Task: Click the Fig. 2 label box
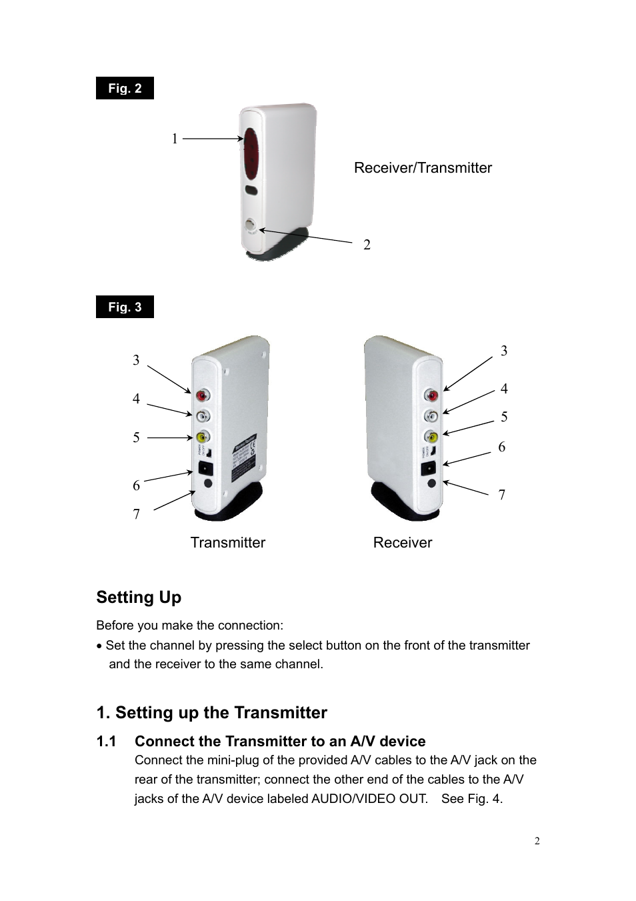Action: pos(125,88)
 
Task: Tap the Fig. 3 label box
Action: pos(125,307)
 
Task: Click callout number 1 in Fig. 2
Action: pos(175,139)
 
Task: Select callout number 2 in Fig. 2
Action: pos(367,245)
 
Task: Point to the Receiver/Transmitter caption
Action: pos(423,168)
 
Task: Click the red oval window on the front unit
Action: pos(252,154)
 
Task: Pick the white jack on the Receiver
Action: pos(431,417)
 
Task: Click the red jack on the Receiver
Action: pos(431,396)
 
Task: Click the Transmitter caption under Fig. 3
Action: pos(227,543)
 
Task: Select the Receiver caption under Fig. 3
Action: pos(402,543)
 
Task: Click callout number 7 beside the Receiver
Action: pos(502,495)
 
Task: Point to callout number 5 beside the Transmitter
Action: pos(136,437)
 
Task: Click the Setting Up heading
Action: pos(139,597)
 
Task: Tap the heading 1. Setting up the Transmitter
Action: pos(211,712)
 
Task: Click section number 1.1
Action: pos(106,742)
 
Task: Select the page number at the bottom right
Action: pos(537,840)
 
